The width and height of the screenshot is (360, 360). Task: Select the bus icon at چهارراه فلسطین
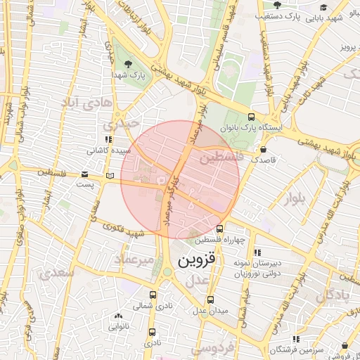pos(220,229)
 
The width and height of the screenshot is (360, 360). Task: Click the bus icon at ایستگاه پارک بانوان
pos(252,117)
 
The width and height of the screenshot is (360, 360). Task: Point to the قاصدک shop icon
pos(263,149)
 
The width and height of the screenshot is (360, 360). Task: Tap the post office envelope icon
pos(85,174)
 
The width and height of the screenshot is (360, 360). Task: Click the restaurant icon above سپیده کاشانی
pos(108,139)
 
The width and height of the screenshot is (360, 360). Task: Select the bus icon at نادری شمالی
pos(153,295)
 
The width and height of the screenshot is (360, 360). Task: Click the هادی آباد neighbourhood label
pos(87,103)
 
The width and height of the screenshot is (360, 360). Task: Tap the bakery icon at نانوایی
pos(117,316)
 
